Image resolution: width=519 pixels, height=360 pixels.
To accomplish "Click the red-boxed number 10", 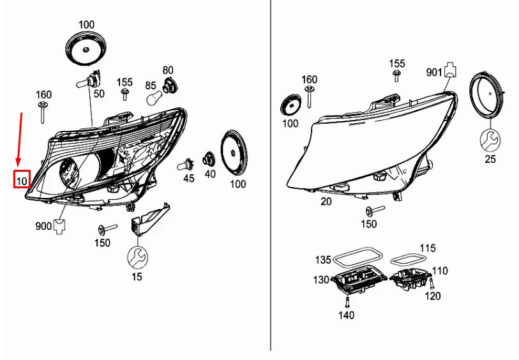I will [x=22, y=181].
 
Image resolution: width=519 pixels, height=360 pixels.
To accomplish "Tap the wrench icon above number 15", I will [x=137, y=257].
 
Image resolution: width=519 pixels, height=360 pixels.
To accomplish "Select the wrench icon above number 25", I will [x=490, y=139].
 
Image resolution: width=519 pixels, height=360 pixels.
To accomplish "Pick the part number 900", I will [x=43, y=226].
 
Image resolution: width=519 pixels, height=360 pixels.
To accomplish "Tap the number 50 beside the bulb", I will [x=99, y=94].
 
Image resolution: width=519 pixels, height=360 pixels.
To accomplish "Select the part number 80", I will [x=168, y=70].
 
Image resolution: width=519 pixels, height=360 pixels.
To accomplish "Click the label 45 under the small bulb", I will [x=189, y=179].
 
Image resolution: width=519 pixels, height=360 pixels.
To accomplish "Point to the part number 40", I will [x=210, y=174].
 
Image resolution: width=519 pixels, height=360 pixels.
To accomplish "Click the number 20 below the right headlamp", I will [x=326, y=201].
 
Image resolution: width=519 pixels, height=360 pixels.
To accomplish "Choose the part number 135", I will [x=323, y=260].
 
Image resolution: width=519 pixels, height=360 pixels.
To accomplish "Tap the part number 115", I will [x=427, y=248].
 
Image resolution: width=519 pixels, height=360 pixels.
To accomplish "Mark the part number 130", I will [x=321, y=280].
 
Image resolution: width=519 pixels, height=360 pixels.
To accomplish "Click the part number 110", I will [x=440, y=271].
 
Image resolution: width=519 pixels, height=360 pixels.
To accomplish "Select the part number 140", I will [x=347, y=315].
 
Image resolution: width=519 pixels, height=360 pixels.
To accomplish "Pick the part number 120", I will [x=433, y=296].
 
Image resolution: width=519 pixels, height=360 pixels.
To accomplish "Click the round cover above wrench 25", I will [x=489, y=96].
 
